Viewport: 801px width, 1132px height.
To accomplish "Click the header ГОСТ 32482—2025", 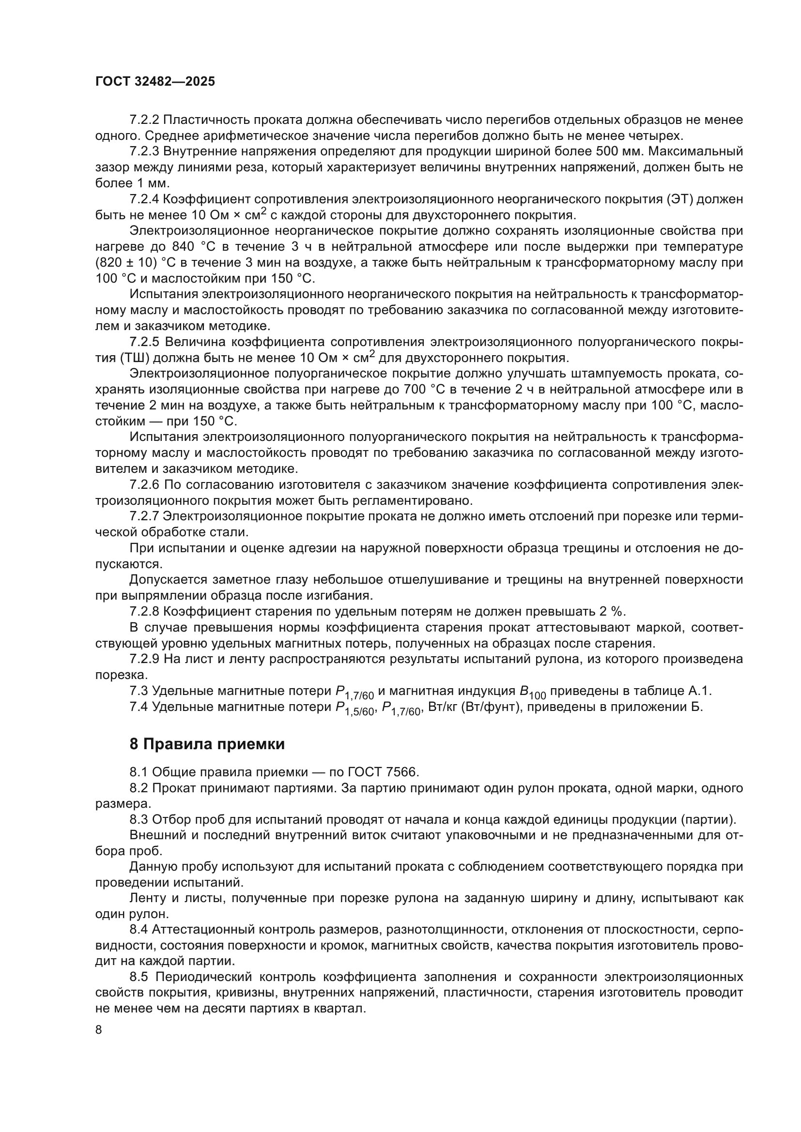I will pyautogui.click(x=155, y=82).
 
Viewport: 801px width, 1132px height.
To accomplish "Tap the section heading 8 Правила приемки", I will pyautogui.click(x=207, y=744).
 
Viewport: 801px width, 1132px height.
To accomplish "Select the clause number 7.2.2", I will pyautogui.click(x=144, y=120).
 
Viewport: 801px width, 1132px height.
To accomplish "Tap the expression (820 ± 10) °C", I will pyautogui.click(x=132, y=262).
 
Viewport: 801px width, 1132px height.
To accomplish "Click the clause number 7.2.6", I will pyautogui.click(x=144, y=484).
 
